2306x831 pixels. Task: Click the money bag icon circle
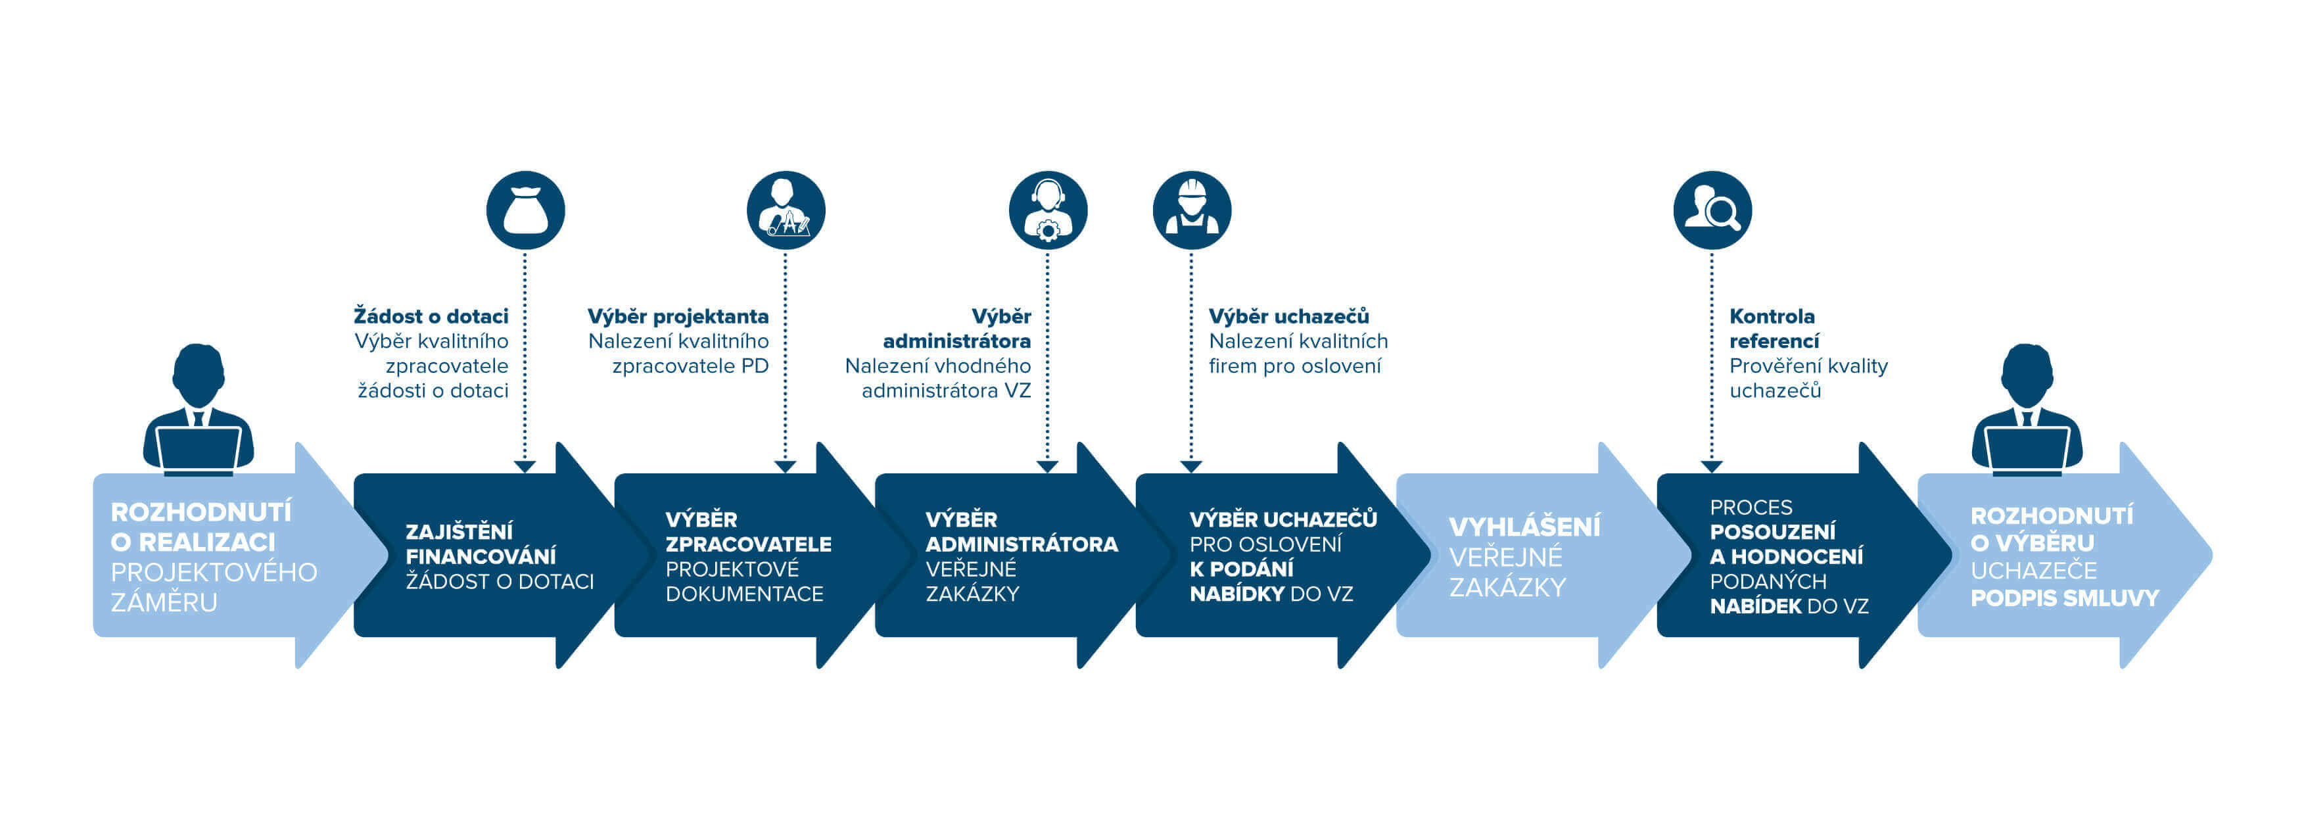(525, 210)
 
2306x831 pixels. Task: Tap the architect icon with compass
(785, 210)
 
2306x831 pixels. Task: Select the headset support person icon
(1047, 210)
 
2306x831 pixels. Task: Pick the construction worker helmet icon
(1192, 210)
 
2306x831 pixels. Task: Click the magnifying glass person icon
(1712, 210)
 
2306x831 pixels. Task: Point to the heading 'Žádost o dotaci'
(431, 316)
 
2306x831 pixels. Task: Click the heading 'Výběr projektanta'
(678, 316)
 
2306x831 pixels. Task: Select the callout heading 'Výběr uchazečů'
(1288, 316)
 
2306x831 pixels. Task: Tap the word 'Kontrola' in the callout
(1772, 316)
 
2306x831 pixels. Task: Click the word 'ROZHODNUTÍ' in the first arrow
(200, 512)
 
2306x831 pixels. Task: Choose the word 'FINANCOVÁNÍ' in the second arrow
(481, 556)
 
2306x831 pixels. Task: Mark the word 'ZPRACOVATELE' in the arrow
(748, 544)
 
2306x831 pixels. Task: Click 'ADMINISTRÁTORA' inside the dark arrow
(1022, 544)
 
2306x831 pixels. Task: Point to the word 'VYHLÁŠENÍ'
(1524, 527)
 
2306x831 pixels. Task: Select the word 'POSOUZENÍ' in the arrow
(1772, 532)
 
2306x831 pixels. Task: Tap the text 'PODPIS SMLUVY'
(2064, 598)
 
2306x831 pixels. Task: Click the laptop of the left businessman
(199, 448)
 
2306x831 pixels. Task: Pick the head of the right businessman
(2027, 374)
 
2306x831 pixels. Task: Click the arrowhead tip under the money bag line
(525, 467)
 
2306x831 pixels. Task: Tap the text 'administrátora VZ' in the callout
(945, 391)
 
